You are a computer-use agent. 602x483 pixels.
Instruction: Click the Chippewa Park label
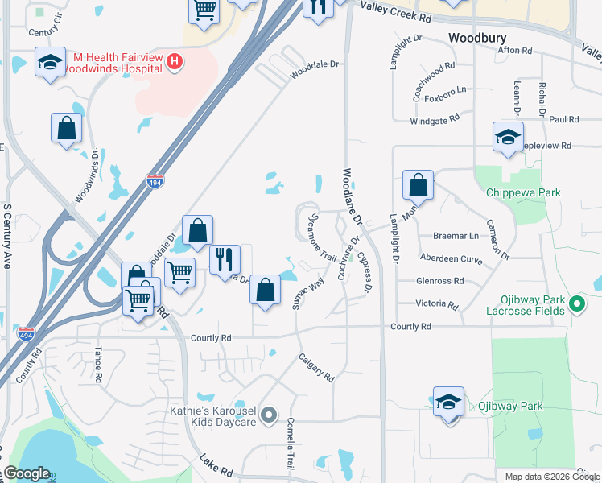pos(523,192)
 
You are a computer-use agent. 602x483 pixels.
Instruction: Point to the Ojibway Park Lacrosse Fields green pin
pos(575,304)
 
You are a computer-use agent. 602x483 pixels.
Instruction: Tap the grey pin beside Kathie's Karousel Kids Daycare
pos(270,416)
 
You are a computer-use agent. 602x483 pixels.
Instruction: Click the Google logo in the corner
pos(27,473)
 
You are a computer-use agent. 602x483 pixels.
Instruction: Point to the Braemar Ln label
pos(456,237)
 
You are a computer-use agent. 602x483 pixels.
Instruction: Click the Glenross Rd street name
pos(440,281)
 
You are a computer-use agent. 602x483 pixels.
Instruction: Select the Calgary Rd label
pos(315,367)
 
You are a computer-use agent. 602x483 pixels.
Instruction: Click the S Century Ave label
pos(7,234)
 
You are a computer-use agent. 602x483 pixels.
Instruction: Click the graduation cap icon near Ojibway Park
pos(449,402)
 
